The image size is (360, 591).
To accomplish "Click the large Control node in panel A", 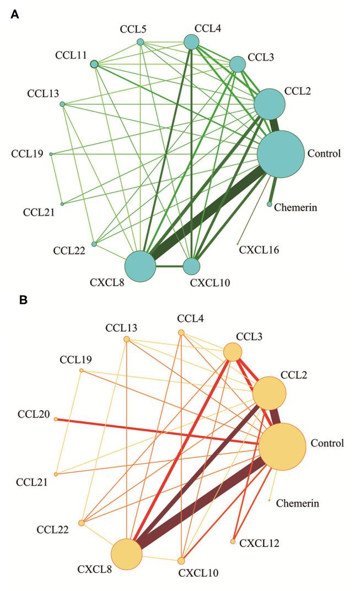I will click(281, 154).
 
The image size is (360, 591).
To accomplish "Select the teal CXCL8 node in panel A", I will click(141, 266).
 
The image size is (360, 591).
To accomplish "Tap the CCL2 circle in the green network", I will click(270, 104).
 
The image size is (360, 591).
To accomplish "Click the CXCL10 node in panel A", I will click(191, 266).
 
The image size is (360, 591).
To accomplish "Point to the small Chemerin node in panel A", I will click(270, 205).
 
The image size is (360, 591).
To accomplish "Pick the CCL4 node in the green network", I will click(191, 41).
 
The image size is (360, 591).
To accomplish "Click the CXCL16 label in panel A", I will click(259, 250).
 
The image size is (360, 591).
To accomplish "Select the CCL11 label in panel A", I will click(71, 55).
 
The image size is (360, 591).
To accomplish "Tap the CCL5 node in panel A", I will click(140, 42).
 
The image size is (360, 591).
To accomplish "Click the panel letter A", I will click(15, 15).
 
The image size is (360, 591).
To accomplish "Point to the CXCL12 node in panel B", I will click(233, 542).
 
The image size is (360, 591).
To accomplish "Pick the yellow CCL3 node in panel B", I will click(232, 352).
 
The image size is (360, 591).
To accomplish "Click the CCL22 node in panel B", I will click(82, 523).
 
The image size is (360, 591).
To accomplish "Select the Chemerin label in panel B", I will click(298, 503).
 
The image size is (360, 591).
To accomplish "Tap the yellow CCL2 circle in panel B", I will click(270, 393).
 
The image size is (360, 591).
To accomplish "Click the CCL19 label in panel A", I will click(27, 153).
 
